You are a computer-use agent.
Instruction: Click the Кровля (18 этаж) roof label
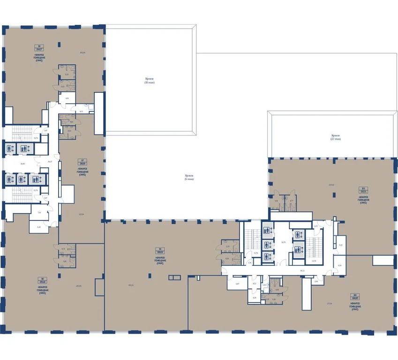tap(150, 81)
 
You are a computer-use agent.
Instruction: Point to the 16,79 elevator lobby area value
tap(283, 242)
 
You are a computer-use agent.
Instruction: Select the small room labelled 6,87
tap(237, 284)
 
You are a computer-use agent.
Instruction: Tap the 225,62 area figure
tap(331, 185)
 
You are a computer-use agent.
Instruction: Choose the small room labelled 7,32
tap(39, 212)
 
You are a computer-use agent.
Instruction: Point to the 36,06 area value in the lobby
tap(22, 164)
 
